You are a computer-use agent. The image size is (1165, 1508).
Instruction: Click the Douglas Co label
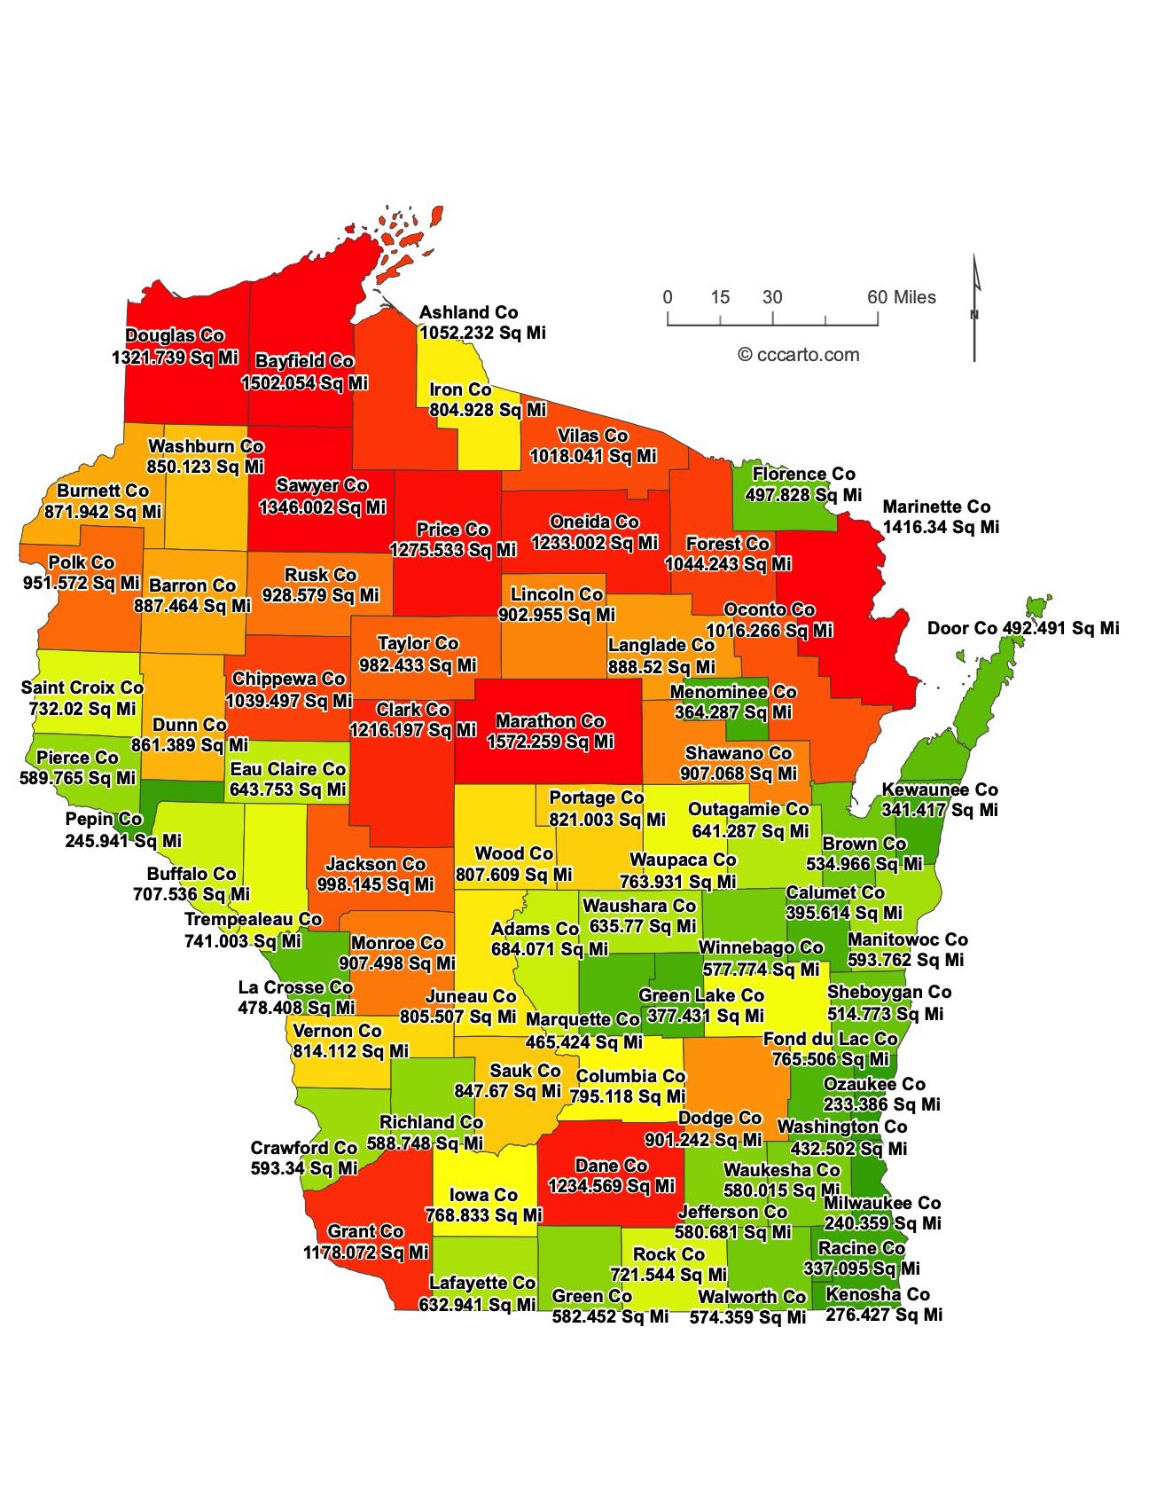(175, 336)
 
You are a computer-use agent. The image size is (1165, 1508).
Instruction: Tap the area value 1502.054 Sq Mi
(305, 383)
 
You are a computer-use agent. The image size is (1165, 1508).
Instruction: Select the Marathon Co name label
(550, 722)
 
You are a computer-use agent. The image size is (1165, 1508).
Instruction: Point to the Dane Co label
(612, 1166)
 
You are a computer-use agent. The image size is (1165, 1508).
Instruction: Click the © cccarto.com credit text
(799, 355)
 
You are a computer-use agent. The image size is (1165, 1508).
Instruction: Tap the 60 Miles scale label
(902, 297)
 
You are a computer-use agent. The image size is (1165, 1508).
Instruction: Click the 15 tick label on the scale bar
(720, 297)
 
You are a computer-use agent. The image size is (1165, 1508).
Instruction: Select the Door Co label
(962, 629)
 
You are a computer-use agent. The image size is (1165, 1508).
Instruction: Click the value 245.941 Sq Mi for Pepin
(123, 840)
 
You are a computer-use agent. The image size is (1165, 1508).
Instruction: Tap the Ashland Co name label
(468, 312)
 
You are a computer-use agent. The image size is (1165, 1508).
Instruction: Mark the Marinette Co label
(936, 507)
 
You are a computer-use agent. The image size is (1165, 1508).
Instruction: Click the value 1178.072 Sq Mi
(366, 1253)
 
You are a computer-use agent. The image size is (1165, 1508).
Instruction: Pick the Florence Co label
(804, 475)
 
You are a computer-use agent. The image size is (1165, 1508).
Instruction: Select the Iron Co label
(460, 389)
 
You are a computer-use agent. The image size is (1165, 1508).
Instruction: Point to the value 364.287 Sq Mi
(731, 712)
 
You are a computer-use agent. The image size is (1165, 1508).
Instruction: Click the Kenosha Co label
(878, 1294)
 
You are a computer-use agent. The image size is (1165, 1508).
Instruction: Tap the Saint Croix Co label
(82, 687)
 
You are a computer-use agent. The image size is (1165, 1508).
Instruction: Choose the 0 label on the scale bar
(668, 297)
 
